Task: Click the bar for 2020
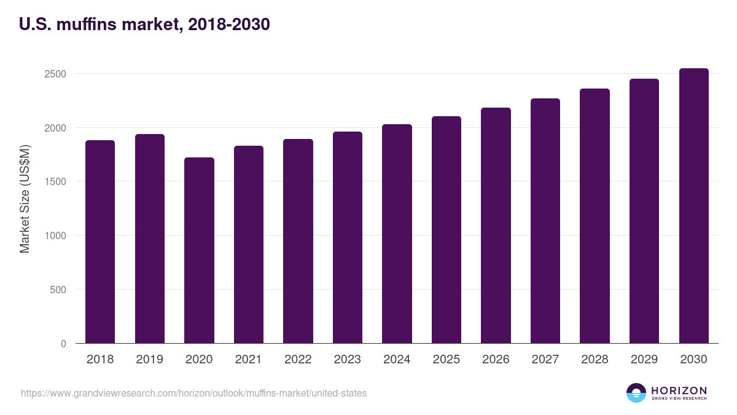(199, 250)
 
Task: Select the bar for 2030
(694, 206)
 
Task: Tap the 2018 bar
(100, 242)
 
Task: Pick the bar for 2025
(446, 230)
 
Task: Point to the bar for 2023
(348, 237)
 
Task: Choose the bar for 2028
(595, 216)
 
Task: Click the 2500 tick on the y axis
(55, 74)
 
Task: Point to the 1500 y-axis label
(55, 181)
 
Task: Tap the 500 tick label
(58, 290)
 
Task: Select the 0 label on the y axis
(63, 344)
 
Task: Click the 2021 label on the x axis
(248, 359)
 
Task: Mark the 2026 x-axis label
(496, 359)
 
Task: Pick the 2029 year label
(644, 359)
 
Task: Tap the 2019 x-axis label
(150, 359)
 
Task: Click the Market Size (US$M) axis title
(25, 199)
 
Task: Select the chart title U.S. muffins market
(144, 24)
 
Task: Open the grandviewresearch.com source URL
(194, 393)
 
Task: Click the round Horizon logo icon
(636, 393)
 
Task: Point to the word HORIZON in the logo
(679, 390)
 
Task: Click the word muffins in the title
(87, 24)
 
